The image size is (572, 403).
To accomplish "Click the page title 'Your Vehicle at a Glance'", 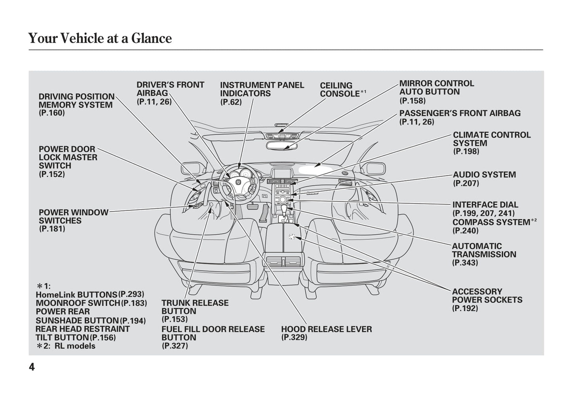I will tap(100, 38).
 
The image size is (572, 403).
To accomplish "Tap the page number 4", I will tap(32, 367).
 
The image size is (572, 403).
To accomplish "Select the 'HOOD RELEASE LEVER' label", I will tap(326, 329).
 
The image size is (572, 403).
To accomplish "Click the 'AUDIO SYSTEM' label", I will tap(484, 175).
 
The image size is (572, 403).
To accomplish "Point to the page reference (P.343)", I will tap(465, 263).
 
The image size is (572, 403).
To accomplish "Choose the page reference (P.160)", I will tap(51, 113).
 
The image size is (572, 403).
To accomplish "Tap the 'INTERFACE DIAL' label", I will tap(485, 205).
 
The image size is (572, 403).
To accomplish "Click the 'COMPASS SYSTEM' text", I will tap(491, 222).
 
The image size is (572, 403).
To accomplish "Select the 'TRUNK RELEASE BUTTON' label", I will tap(195, 307).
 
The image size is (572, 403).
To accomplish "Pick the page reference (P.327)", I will tap(175, 346).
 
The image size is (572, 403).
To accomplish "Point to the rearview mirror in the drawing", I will tap(281, 145).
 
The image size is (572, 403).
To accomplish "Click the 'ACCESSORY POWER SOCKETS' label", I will tap(486, 296).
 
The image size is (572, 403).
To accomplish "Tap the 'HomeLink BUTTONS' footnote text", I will tap(76, 295).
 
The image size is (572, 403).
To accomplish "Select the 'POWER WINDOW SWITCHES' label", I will tap(73, 216).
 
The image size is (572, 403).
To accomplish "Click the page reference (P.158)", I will tap(412, 101).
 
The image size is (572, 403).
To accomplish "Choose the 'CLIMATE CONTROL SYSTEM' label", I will tap(491, 139).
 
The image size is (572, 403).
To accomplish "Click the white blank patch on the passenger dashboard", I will tap(315, 170).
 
